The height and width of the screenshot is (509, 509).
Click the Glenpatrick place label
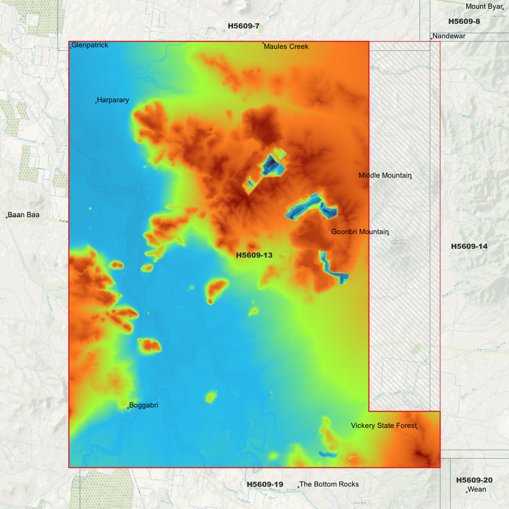[90, 45]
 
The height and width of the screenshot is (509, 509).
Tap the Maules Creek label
[286, 46]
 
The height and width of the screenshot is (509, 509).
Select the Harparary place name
[113, 100]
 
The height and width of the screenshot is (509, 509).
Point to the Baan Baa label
[24, 215]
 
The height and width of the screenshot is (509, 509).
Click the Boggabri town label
[143, 405]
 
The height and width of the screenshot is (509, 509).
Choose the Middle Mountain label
[385, 175]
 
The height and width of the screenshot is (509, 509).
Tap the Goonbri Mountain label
[360, 232]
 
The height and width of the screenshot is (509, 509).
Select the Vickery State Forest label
[384, 426]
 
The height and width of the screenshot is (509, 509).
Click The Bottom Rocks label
[329, 484]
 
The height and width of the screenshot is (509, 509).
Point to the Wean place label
[477, 489]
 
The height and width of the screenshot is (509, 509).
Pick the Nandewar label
[449, 36]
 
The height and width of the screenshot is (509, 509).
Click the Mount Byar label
[484, 6]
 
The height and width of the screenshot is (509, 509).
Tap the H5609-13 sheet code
[254, 255]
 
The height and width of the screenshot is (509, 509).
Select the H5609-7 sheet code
[243, 26]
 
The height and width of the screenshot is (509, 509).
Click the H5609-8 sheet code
[464, 21]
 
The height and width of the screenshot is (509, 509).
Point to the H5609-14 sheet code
[469, 247]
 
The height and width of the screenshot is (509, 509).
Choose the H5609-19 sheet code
[265, 484]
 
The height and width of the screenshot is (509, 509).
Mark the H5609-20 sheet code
[474, 480]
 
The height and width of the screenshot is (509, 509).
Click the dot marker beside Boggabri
[128, 408]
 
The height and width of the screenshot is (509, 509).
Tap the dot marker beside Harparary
[96, 103]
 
